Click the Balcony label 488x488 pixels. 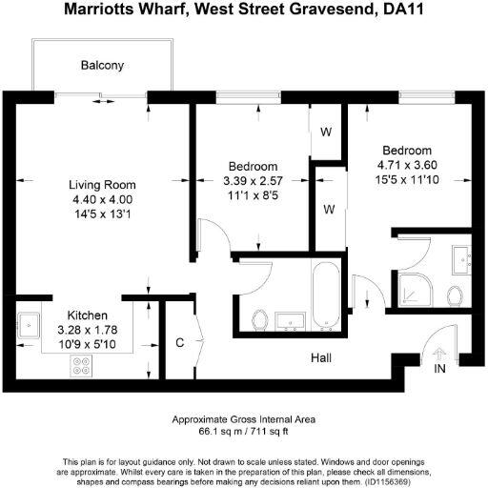[x=102, y=66]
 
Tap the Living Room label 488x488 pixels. [x=102, y=185]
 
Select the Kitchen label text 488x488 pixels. [x=87, y=315]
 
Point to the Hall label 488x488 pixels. [x=321, y=358]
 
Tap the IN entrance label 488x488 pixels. [x=439, y=368]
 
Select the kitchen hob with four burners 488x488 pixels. [x=81, y=363]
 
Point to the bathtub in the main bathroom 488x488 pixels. [x=321, y=290]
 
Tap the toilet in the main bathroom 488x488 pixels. [x=259, y=317]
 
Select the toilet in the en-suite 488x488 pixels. [x=455, y=295]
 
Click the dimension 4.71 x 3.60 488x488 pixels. [x=407, y=165]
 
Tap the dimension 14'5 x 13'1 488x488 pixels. [x=102, y=213]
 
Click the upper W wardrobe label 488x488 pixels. [x=325, y=132]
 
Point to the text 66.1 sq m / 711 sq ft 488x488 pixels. [x=243, y=431]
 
